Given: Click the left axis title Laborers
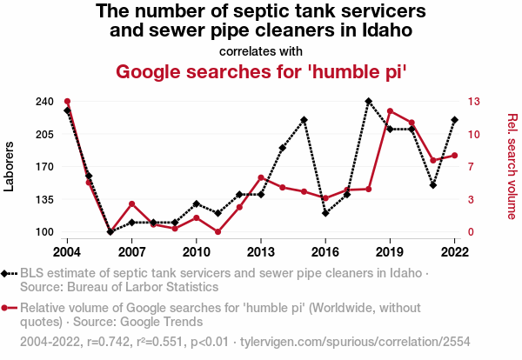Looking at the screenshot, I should (10, 166).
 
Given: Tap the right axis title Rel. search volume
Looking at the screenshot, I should (512, 166).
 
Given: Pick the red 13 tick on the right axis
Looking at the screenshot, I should (472, 102).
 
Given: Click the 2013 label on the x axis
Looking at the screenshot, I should (261, 251).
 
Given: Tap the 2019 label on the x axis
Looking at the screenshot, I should (390, 251).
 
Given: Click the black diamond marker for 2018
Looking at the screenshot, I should (368, 102).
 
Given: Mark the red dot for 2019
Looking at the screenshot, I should (390, 111).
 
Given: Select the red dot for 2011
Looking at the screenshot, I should (217, 232).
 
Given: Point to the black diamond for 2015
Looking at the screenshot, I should (304, 120).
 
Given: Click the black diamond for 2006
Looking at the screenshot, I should (110, 232).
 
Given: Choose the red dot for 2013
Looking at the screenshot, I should (261, 178).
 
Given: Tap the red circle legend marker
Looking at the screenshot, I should (7, 308).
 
